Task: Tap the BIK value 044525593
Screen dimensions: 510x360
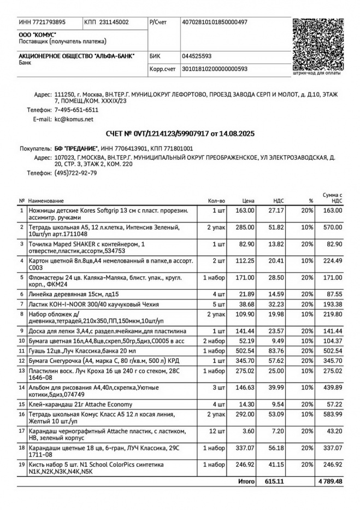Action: point(197,56)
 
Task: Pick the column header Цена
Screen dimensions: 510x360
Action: point(249,201)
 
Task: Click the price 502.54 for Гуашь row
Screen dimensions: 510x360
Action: point(245,351)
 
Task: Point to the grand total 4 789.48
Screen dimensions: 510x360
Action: point(329,482)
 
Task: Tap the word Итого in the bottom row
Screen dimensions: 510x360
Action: point(246,482)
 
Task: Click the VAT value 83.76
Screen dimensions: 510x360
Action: point(275,351)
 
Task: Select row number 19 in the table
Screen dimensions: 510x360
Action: point(22,464)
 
